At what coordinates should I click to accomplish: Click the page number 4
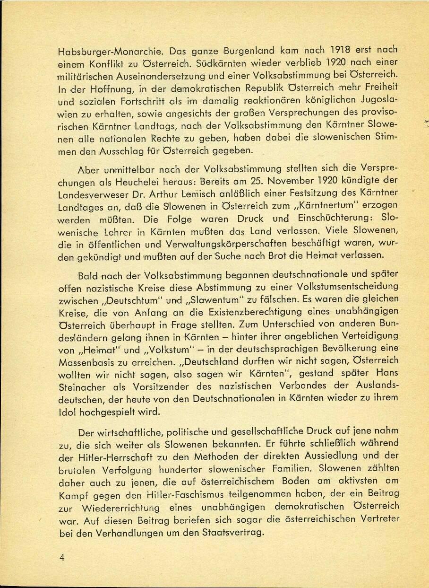(61, 557)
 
